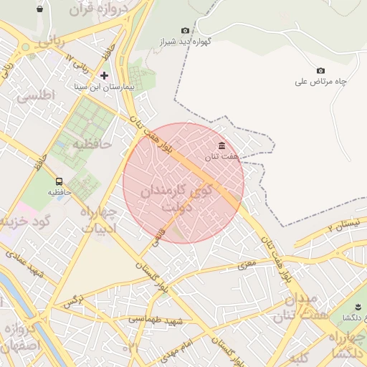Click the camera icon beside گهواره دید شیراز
[x=186, y=31]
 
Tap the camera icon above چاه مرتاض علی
[x=320, y=70]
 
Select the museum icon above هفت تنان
[x=221, y=146]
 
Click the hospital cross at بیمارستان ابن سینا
[x=105, y=75]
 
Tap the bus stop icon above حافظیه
[x=59, y=181]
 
